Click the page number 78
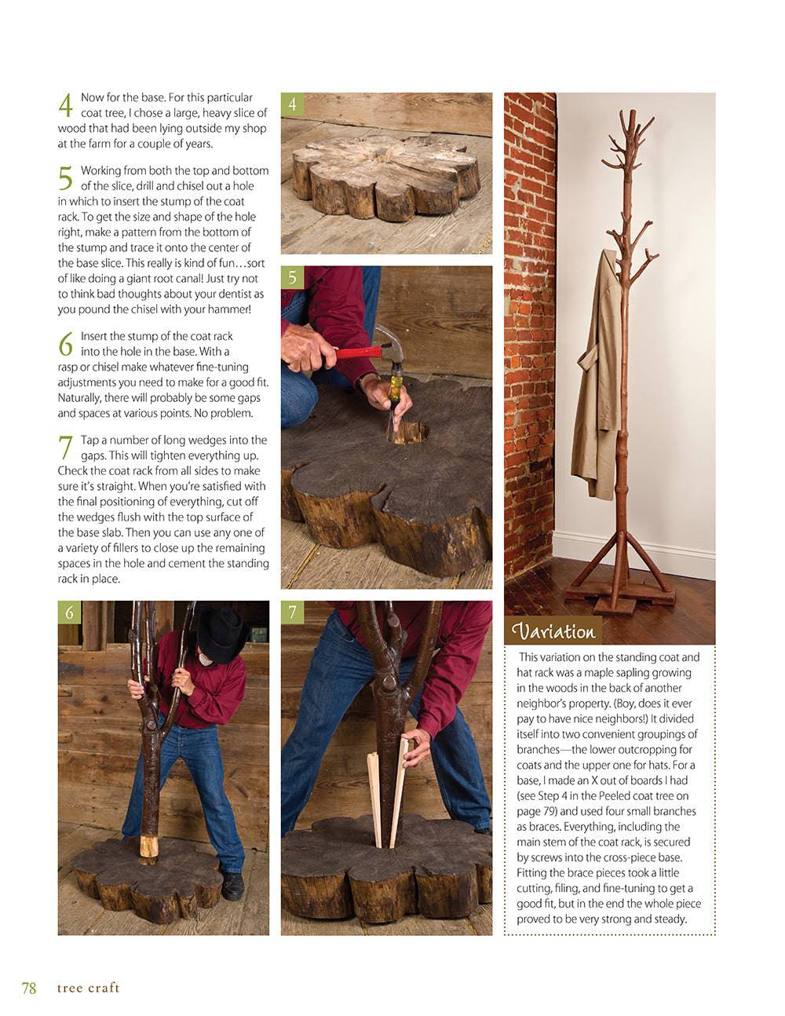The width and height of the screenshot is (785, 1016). [x=28, y=988]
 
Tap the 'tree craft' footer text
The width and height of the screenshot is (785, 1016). [x=88, y=988]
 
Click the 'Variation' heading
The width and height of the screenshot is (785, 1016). [x=553, y=631]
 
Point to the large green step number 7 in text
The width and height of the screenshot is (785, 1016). [x=66, y=448]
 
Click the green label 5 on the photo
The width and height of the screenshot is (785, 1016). [x=292, y=277]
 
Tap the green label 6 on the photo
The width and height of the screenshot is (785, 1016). [x=69, y=612]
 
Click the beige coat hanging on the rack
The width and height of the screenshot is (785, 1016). [x=595, y=377]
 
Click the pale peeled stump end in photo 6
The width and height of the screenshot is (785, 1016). [x=149, y=846]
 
